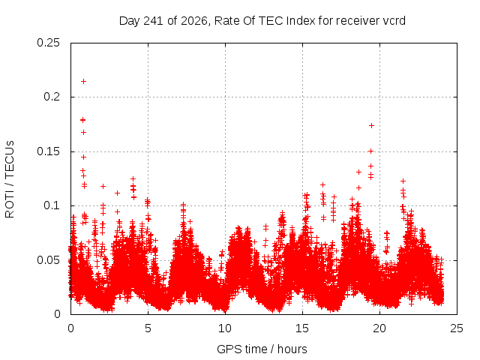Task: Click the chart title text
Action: [262, 21]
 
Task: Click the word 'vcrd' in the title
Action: [394, 21]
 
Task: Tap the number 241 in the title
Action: [153, 21]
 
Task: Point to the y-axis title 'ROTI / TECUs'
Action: [10, 179]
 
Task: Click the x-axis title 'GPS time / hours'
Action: [262, 349]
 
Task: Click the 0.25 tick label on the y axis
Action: [48, 43]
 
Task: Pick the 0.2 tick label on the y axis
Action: [52, 97]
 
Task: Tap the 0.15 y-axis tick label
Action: [48, 151]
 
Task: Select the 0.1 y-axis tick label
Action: [52, 205]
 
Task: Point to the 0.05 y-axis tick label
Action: [48, 260]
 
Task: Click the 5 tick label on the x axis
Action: [148, 328]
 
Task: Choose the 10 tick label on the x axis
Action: [225, 328]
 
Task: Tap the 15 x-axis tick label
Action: [302, 328]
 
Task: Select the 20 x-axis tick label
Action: [379, 328]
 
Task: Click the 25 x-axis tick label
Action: [457, 328]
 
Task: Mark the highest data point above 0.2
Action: [83, 82]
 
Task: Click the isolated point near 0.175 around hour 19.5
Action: [372, 125]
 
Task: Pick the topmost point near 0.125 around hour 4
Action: [133, 178]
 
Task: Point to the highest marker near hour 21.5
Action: [403, 181]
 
